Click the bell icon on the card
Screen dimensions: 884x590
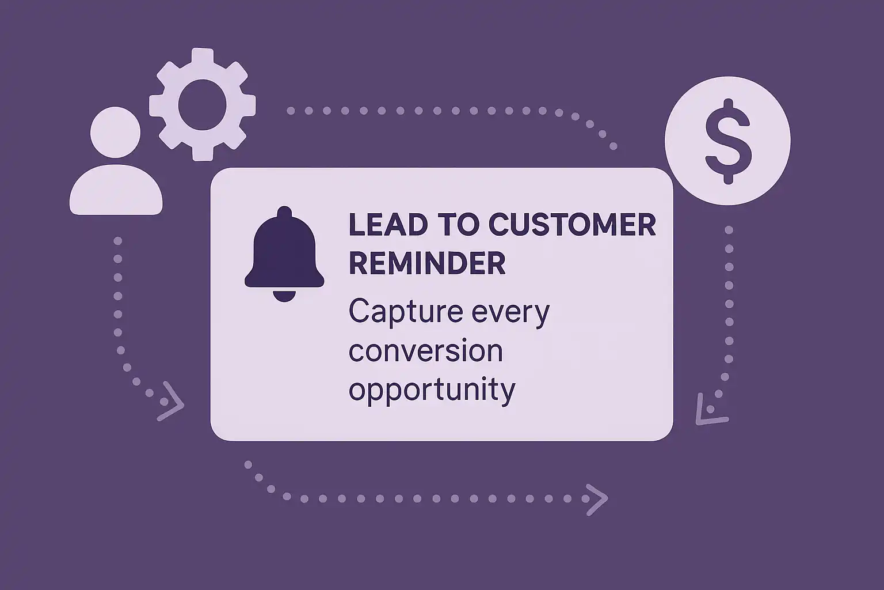click(x=284, y=254)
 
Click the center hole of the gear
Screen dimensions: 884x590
click(x=203, y=105)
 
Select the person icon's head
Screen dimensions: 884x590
click(x=115, y=132)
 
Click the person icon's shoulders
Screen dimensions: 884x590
click(x=116, y=190)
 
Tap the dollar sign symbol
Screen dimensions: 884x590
click(x=728, y=141)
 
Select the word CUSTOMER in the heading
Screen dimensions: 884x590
click(x=572, y=225)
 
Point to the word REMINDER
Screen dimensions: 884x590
click(x=427, y=263)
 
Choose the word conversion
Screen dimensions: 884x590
click(x=426, y=351)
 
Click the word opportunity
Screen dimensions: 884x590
click(x=432, y=391)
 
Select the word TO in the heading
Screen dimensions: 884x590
click(x=458, y=225)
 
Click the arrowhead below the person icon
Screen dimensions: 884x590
click(x=172, y=401)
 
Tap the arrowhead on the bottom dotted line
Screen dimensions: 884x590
click(x=597, y=500)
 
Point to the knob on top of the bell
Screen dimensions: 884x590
click(x=284, y=212)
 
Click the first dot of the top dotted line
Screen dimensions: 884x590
click(x=291, y=111)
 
